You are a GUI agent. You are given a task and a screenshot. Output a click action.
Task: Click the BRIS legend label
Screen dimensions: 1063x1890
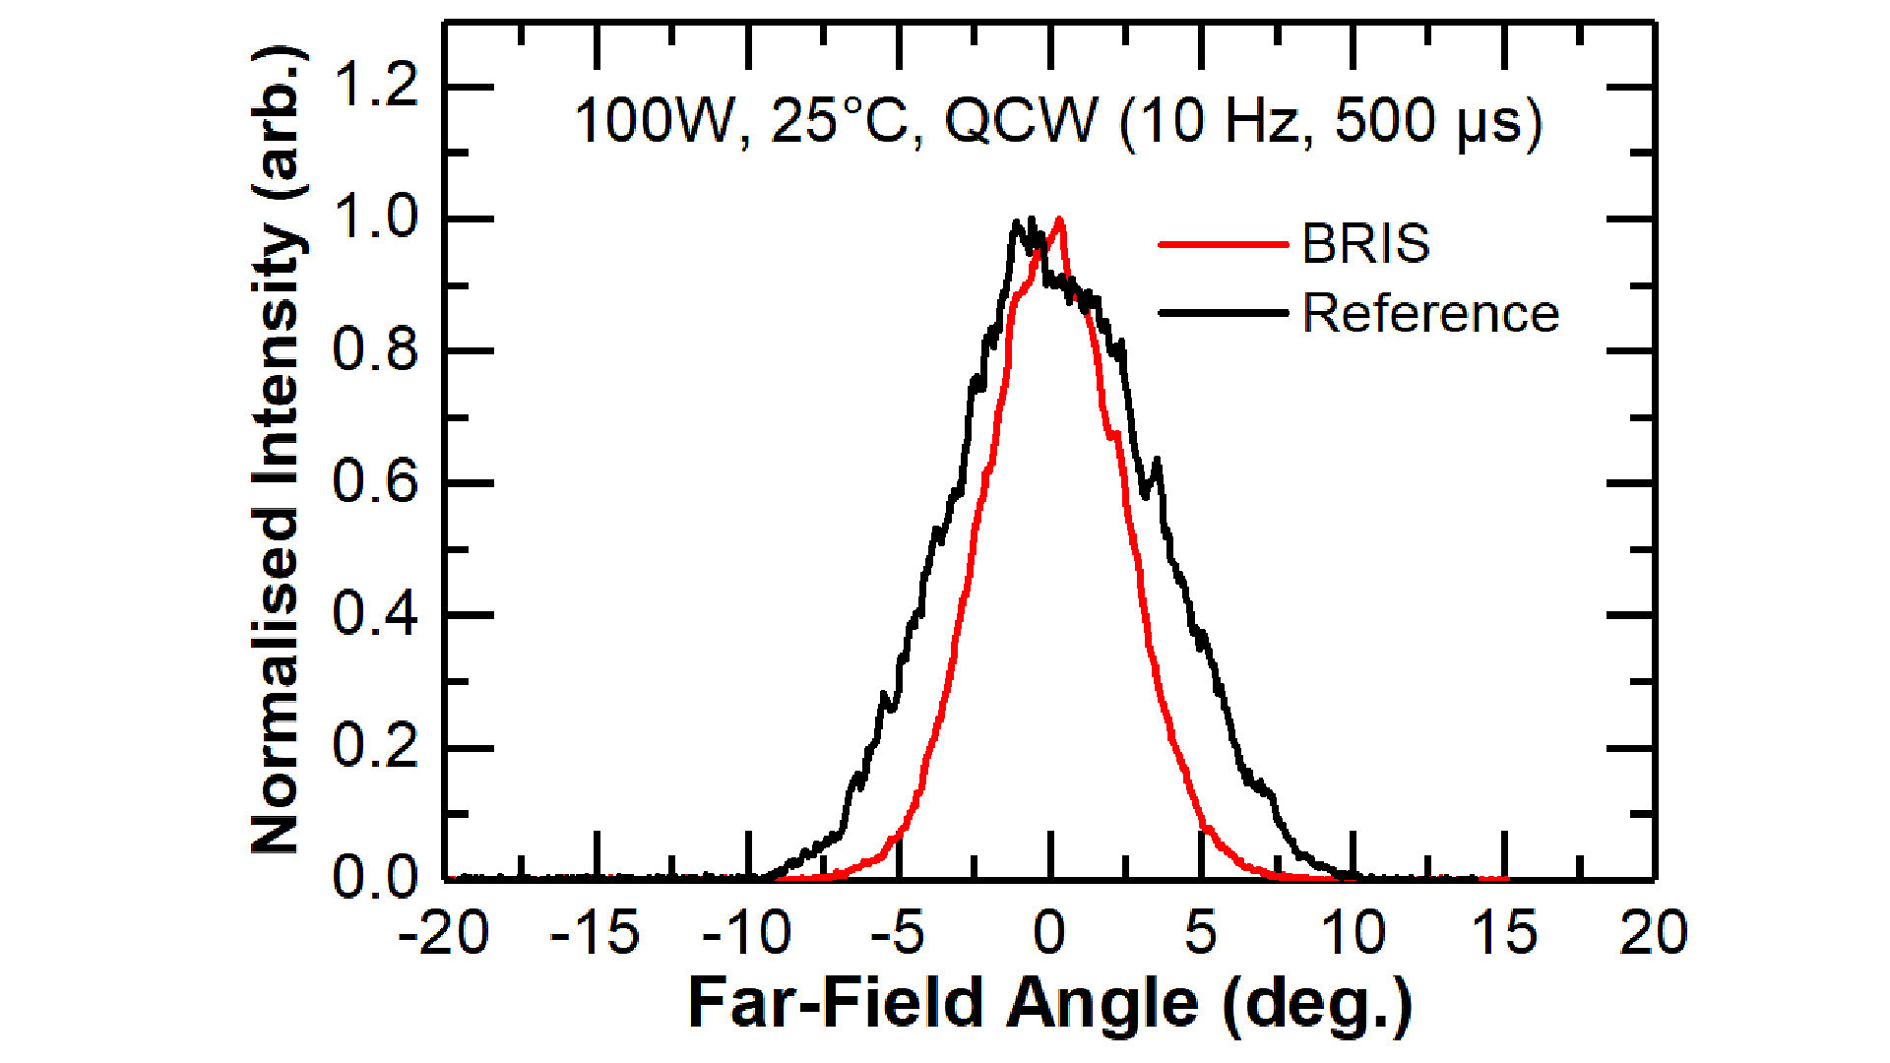coord(1365,243)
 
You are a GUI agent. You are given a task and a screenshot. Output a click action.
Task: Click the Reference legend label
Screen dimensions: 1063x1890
coord(1430,314)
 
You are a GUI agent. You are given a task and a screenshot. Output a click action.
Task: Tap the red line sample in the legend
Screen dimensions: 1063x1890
coord(1223,243)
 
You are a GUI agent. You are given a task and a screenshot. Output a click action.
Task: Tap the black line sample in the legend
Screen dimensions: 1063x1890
coord(1223,314)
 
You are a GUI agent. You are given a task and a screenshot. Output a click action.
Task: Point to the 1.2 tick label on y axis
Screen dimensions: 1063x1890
coord(375,87)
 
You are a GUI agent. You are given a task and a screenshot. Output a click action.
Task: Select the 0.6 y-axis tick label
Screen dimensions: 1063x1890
coord(375,482)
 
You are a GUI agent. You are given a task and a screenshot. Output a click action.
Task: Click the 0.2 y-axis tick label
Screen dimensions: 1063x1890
coord(375,746)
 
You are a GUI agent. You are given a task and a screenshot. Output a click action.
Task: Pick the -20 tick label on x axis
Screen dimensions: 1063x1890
coord(443,933)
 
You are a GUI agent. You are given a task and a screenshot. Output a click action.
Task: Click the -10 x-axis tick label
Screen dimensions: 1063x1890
coord(746,933)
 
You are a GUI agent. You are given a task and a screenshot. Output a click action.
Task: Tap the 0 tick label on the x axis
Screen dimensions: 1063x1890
coord(1049,933)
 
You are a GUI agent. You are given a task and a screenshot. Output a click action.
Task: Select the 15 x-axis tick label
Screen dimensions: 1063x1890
coord(1503,933)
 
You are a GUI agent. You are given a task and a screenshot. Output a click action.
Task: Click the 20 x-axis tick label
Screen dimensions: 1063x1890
coord(1654,933)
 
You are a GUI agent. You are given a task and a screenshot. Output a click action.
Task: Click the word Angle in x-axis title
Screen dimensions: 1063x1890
coord(1102,1004)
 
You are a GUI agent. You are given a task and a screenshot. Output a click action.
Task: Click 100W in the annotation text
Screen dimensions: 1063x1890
coord(654,122)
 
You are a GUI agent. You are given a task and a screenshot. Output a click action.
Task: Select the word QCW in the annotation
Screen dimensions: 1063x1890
coord(1020,122)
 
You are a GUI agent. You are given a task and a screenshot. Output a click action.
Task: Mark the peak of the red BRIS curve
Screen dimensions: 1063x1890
coord(1059,219)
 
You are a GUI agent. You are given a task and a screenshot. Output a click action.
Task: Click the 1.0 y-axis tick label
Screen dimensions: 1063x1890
coord(375,219)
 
